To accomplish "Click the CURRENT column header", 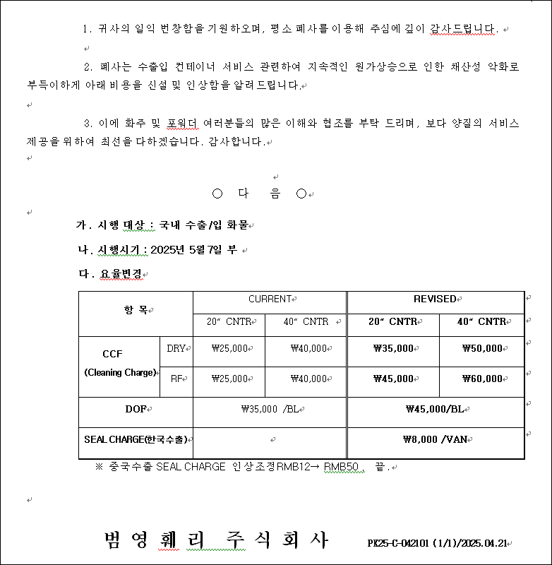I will click(x=270, y=299).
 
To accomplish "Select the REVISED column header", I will click(x=436, y=299).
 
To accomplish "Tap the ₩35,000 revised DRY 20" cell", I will click(x=393, y=348).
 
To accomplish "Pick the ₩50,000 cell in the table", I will click(x=483, y=348).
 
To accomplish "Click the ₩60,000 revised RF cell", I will click(x=483, y=379).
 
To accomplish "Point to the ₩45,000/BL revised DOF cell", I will click(x=435, y=409).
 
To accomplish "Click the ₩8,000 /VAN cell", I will click(x=434, y=439).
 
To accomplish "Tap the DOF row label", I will click(x=136, y=409).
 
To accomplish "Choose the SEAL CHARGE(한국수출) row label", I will click(x=136, y=439).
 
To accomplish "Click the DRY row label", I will click(x=176, y=348).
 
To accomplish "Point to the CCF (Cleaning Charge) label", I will click(x=119, y=363).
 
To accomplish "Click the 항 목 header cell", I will click(x=136, y=310).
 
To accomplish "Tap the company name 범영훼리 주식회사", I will click(x=216, y=540).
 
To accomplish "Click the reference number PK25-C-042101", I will click(x=398, y=543).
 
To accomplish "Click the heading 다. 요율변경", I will click(x=113, y=273).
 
